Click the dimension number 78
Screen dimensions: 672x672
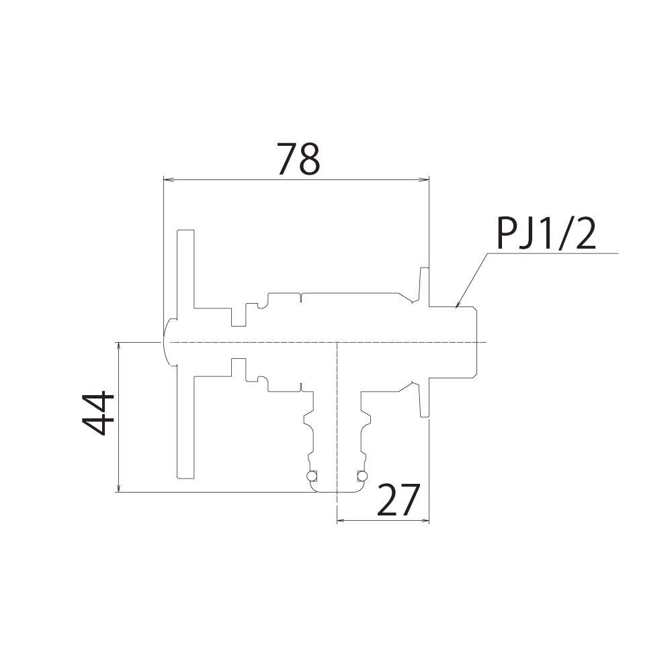(299, 159)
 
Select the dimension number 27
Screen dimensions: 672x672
(398, 500)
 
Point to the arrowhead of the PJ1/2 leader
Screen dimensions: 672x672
(457, 304)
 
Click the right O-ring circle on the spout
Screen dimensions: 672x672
(363, 476)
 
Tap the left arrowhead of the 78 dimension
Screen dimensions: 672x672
(167, 179)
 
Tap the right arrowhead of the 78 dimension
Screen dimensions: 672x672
(425, 179)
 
